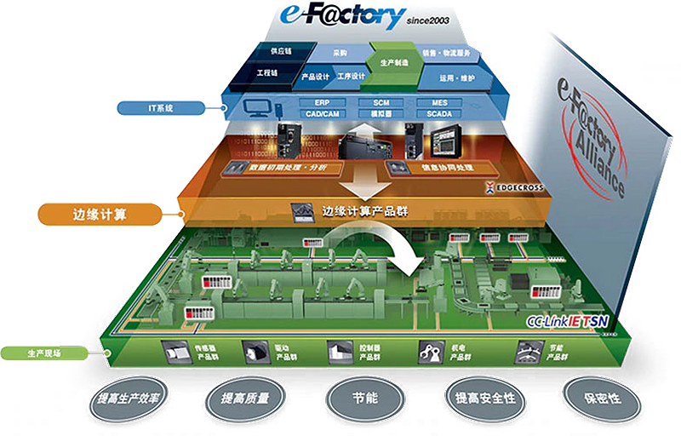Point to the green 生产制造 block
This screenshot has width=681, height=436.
(393, 62)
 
